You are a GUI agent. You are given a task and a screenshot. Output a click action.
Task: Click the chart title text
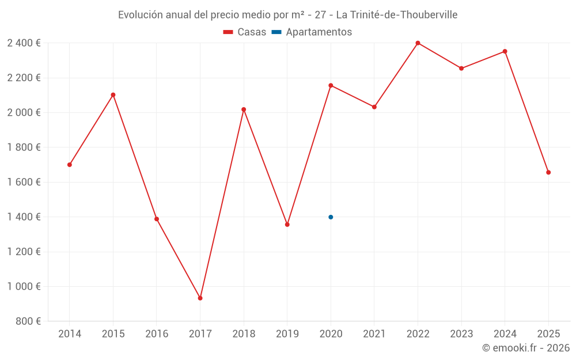(x=287, y=15)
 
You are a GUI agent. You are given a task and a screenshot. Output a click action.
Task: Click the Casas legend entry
(x=245, y=32)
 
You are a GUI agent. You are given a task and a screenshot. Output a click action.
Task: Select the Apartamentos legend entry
(x=312, y=32)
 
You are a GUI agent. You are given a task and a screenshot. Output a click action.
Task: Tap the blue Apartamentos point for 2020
(x=331, y=217)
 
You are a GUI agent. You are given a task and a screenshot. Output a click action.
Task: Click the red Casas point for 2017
(x=200, y=298)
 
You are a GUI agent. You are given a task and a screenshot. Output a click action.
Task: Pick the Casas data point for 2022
(x=418, y=43)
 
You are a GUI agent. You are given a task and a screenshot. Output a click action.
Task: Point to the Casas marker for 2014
(x=70, y=165)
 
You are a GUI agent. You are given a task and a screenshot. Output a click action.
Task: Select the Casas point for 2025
(x=548, y=172)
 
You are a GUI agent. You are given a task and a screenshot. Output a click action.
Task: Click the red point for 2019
(x=287, y=225)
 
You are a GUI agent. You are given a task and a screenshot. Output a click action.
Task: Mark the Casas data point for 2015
(x=113, y=95)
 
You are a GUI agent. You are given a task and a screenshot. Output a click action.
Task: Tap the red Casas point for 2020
(x=331, y=85)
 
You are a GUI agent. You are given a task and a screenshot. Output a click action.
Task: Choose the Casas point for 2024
(x=505, y=51)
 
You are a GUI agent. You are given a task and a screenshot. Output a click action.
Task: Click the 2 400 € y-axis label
(x=24, y=43)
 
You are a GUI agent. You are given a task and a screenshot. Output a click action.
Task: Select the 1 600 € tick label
(x=24, y=182)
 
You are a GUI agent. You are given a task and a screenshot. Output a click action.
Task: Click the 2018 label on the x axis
(x=244, y=334)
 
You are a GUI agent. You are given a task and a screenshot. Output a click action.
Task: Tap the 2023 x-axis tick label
(x=461, y=334)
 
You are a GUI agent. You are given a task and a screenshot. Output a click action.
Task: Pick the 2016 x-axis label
(x=157, y=334)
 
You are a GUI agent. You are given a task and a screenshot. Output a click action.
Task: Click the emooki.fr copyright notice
(x=525, y=348)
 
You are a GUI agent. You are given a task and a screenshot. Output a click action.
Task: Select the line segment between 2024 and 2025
(x=526, y=112)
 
